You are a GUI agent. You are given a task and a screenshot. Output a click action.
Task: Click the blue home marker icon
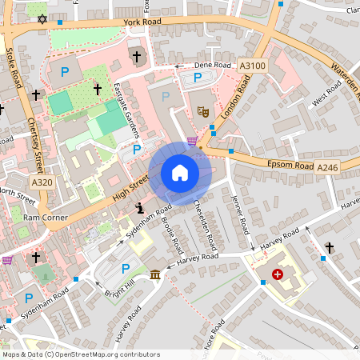click(x=180, y=173)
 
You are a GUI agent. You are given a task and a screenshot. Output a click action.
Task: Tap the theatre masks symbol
click(x=203, y=113)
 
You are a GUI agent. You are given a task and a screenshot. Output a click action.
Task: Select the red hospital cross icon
click(x=278, y=274)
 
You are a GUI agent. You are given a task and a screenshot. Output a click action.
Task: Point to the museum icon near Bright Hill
click(x=154, y=275)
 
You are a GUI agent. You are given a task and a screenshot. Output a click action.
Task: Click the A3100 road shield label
click(x=252, y=63)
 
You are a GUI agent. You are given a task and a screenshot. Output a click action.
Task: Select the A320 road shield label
click(x=43, y=183)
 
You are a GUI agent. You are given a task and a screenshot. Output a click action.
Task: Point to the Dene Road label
click(x=213, y=66)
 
